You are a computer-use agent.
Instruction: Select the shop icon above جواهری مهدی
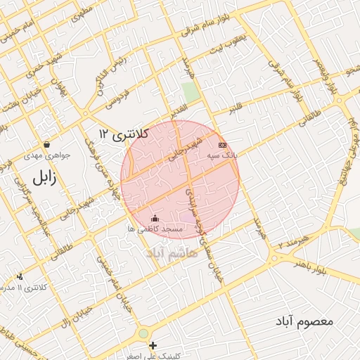click(x=46, y=145)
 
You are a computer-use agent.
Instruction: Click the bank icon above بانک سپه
click(x=223, y=144)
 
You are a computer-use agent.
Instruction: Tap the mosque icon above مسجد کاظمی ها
click(x=155, y=219)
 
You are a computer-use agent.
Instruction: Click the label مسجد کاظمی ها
click(x=155, y=229)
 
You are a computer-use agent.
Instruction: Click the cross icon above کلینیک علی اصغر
click(x=153, y=345)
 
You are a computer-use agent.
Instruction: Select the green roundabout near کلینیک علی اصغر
click(x=143, y=333)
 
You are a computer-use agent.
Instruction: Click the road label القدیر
click(x=178, y=110)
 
